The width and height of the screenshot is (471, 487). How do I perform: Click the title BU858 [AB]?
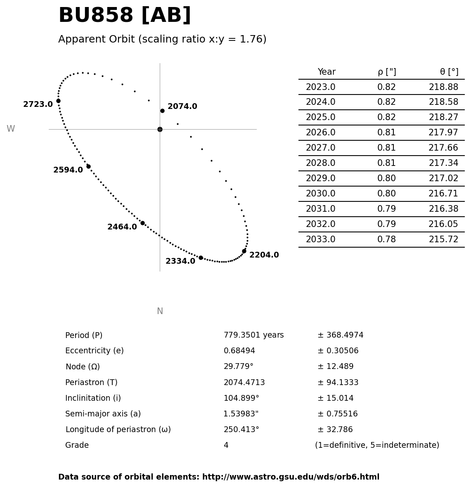[125, 16]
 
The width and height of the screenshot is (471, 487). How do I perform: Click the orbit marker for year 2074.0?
[162, 111]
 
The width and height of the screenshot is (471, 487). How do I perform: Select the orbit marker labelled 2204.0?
[244, 251]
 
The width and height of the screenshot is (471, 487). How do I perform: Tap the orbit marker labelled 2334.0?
[201, 258]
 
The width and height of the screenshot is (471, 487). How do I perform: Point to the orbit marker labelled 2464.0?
[142, 223]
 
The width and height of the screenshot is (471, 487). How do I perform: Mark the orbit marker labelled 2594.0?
[88, 166]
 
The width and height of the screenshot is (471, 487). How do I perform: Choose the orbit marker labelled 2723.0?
[58, 101]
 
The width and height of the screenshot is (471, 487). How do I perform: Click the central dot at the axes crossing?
[160, 129]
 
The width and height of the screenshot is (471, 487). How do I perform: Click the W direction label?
[11, 129]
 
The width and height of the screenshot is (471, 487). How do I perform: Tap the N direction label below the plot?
[160, 312]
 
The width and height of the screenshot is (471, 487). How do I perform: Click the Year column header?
[327, 72]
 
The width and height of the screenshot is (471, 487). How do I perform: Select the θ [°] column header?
[449, 72]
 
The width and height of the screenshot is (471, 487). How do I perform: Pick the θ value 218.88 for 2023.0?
[443, 87]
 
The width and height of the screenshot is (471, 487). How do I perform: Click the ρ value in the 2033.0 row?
[386, 240]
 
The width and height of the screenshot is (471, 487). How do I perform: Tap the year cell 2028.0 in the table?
[320, 163]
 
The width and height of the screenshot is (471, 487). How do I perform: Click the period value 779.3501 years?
[253, 336]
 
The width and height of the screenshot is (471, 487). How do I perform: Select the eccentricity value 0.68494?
[239, 351]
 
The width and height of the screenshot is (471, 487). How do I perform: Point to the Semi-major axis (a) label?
[103, 414]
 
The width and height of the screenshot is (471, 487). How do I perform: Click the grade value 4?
[226, 446]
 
